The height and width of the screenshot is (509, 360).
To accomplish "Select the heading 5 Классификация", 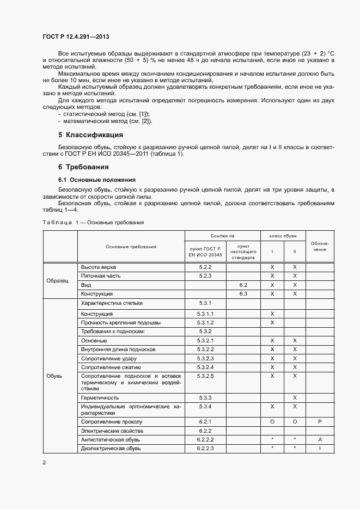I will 90,134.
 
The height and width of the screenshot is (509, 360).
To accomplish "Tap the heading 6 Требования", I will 83,167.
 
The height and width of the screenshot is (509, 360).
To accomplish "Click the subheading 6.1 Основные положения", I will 97,180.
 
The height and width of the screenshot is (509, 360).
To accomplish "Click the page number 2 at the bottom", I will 44,462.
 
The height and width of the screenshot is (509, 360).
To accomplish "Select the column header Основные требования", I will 131,247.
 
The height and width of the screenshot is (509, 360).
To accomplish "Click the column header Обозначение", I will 320,246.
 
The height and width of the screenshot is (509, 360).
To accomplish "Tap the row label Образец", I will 58,280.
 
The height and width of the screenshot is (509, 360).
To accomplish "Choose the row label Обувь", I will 54,376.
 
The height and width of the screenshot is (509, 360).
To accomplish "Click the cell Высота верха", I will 98,267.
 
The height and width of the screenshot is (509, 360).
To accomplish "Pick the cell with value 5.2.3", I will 205,276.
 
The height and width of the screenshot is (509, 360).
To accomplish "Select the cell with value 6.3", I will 243,293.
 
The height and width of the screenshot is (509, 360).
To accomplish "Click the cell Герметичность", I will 100,398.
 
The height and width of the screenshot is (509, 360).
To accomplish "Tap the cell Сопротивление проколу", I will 112,421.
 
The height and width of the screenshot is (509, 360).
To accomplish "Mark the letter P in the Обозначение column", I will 320,421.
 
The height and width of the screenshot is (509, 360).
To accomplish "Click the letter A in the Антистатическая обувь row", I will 320,439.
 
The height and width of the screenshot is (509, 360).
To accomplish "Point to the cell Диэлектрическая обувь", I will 111,448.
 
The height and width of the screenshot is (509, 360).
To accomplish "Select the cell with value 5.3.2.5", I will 205,376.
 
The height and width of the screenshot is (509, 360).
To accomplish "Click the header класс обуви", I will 283,236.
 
